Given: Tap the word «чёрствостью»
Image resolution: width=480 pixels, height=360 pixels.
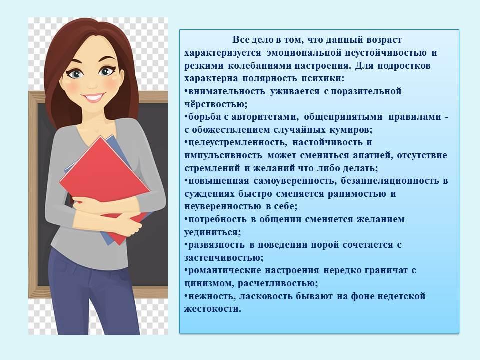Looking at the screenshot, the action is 216,104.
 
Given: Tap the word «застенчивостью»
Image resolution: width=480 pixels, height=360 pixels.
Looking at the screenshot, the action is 224,258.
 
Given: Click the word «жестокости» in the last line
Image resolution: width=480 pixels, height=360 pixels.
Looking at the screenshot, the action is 213,309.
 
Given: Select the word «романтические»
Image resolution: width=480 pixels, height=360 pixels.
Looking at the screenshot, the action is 224,270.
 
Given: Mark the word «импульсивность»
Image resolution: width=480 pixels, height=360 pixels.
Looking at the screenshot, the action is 223,155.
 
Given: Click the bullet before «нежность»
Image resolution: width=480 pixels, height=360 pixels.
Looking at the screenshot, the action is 186,295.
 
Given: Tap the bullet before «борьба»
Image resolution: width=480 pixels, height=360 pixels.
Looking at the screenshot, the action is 186,116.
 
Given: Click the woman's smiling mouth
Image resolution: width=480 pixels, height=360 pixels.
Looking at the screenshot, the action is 93,97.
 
